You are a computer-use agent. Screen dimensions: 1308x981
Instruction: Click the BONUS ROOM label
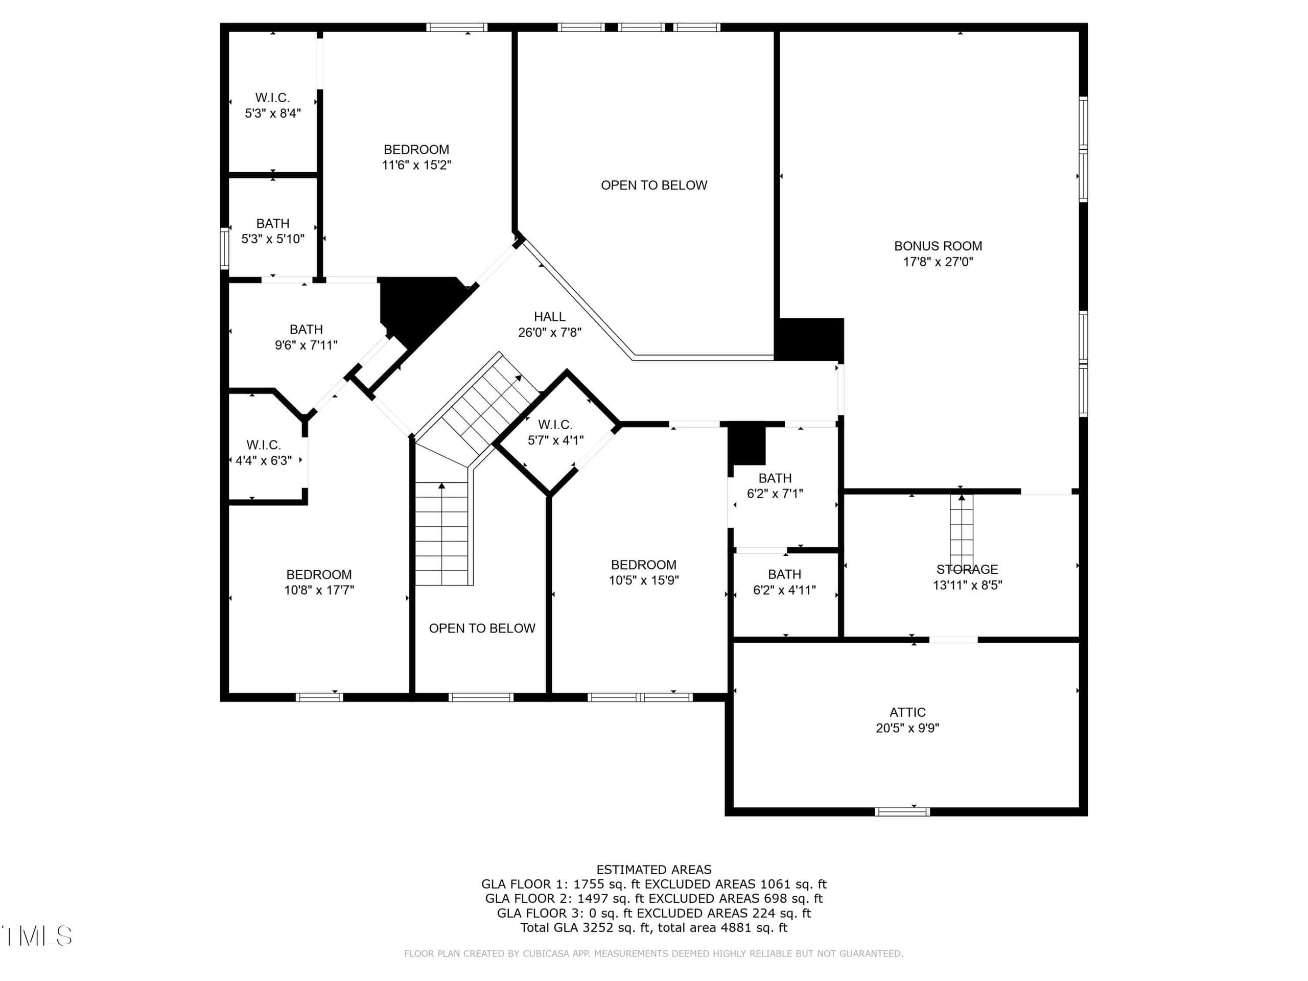click(938, 246)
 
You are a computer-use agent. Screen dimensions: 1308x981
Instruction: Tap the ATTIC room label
click(907, 713)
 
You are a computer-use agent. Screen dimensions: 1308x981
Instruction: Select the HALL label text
click(549, 317)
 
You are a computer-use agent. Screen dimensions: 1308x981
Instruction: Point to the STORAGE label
click(967, 570)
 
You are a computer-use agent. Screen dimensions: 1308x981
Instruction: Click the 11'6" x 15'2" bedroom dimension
click(416, 165)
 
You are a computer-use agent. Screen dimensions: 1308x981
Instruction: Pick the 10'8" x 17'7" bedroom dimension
click(319, 590)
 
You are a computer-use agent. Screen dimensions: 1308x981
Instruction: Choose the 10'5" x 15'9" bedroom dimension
click(644, 580)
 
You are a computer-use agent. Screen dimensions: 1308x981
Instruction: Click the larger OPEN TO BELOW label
click(654, 185)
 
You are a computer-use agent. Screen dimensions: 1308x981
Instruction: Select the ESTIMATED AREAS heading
click(654, 869)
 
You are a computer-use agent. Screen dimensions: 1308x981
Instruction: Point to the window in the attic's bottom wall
click(902, 812)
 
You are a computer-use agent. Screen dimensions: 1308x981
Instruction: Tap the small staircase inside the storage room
click(962, 531)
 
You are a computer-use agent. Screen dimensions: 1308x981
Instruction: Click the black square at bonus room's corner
click(809, 339)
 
